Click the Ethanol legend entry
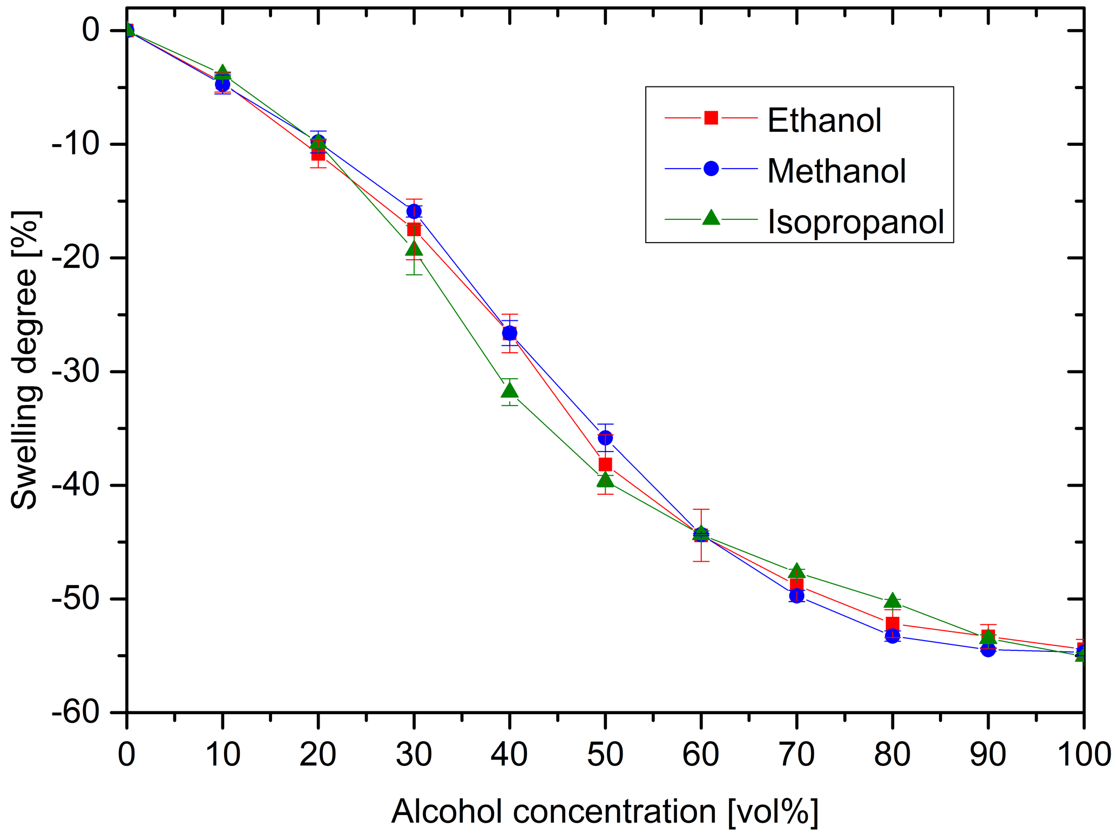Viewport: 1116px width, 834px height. [823, 120]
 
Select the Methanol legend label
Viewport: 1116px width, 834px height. [836, 171]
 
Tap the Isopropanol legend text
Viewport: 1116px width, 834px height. [855, 222]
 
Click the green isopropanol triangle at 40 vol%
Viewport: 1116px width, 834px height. [509, 390]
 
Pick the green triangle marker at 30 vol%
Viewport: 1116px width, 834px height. [414, 248]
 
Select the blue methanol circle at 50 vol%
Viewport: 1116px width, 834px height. [605, 438]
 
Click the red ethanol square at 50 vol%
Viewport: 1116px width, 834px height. [605, 465]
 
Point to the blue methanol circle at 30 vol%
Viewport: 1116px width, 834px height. [414, 211]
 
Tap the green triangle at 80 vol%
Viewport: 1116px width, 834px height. [892, 601]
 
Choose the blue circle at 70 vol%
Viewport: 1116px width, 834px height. [796, 596]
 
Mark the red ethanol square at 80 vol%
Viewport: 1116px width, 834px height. [892, 624]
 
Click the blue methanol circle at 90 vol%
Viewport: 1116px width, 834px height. [988, 649]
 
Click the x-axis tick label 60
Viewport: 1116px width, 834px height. [700, 754]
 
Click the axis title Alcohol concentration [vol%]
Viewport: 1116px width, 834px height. [605, 811]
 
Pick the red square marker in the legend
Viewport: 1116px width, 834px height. [711, 117]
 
